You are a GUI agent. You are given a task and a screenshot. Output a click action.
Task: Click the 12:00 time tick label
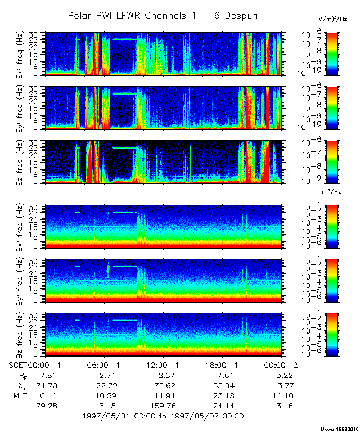coord(164,364)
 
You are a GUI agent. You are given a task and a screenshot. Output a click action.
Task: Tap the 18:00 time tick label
coord(222,364)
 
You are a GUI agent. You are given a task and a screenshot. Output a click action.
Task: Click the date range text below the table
coord(163,416)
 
